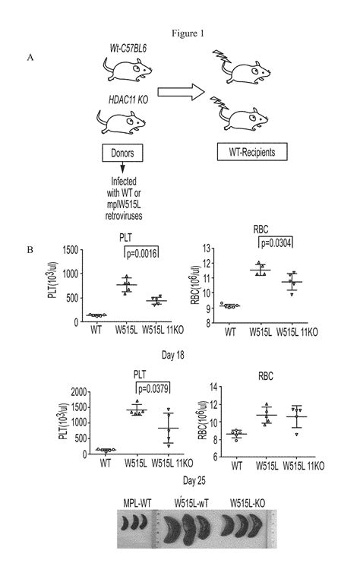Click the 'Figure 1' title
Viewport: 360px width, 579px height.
tap(180, 33)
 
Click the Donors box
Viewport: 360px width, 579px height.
tap(118, 153)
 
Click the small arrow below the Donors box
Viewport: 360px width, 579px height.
tap(118, 171)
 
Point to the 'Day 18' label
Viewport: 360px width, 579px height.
tap(180, 355)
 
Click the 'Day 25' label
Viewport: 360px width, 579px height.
tap(181, 481)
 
